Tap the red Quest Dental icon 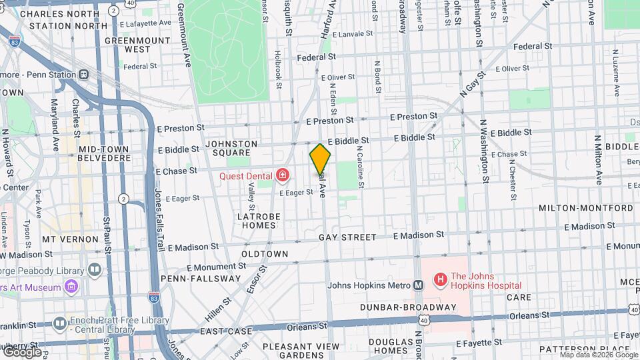coord(283,176)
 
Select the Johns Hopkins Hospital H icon coord(440,279)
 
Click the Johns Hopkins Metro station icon coord(419,285)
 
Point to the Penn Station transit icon coord(84,75)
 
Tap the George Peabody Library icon coord(95,270)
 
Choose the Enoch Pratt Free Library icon coord(60,323)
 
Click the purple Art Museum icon coord(72,287)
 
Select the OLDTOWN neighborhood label coord(265,254)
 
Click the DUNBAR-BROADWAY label coord(407,307)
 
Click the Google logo coord(21,352)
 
